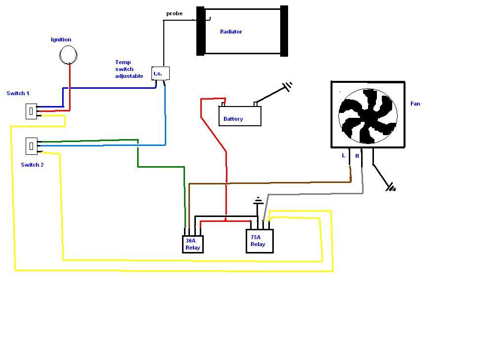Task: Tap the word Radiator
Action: (231, 32)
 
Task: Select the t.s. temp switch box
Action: (160, 73)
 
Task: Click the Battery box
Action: (240, 116)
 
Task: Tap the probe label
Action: (175, 13)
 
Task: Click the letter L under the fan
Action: (343, 155)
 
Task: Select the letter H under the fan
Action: (357, 156)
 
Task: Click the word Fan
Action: (415, 104)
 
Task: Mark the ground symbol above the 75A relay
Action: (258, 201)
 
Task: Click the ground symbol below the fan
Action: (391, 187)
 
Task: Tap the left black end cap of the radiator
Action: (200, 31)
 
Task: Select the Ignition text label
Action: (61, 39)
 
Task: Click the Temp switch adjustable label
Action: (129, 69)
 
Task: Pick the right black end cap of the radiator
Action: (284, 31)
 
